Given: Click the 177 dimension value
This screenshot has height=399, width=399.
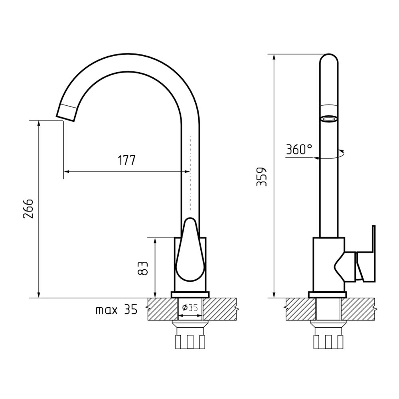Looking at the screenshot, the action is pos(126,160).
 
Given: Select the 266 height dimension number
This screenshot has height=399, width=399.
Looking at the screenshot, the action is pos(28,208).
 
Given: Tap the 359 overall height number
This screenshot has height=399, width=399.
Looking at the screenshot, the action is pos(262,177).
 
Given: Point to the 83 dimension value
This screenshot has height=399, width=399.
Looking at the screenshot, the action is pos(143,268).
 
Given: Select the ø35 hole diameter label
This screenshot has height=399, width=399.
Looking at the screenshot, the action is pos(190,308).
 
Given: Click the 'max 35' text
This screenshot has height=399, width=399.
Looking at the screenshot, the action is pos(117,310).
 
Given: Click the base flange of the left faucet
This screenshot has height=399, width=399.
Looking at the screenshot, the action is pos(190,295).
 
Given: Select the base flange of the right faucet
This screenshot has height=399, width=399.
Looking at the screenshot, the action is pos(327,295).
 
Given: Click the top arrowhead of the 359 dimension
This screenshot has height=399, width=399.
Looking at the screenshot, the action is pos(274,57).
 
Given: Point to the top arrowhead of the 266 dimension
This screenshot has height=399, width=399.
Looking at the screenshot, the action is pos(39,123).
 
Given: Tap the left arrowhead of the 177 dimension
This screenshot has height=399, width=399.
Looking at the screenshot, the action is pos(66,172).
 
